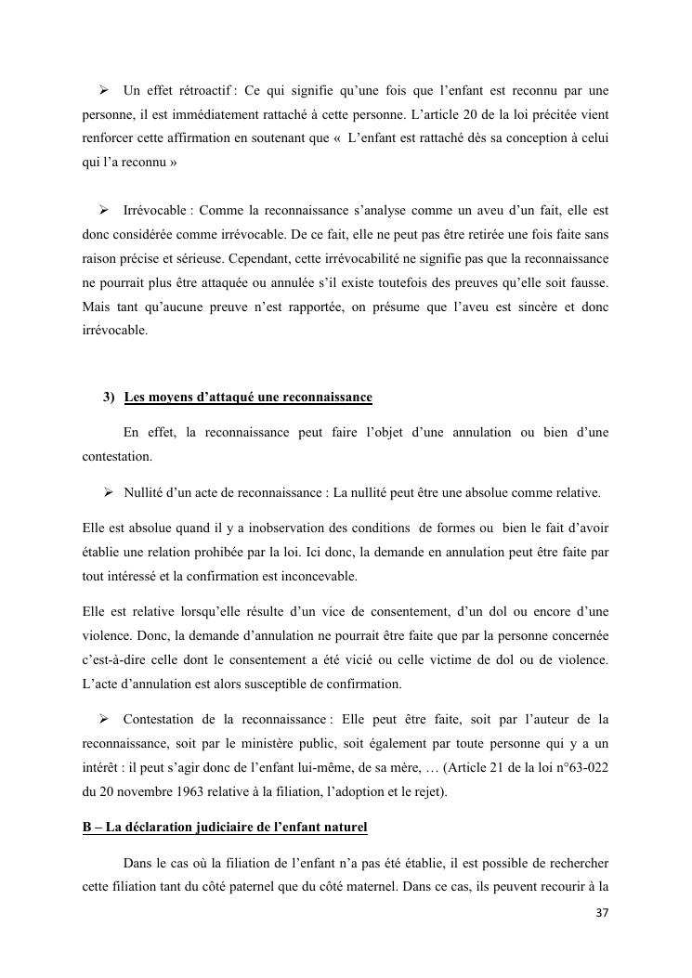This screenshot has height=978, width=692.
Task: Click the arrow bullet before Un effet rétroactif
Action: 104,90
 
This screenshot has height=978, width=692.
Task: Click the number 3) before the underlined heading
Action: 109,398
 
